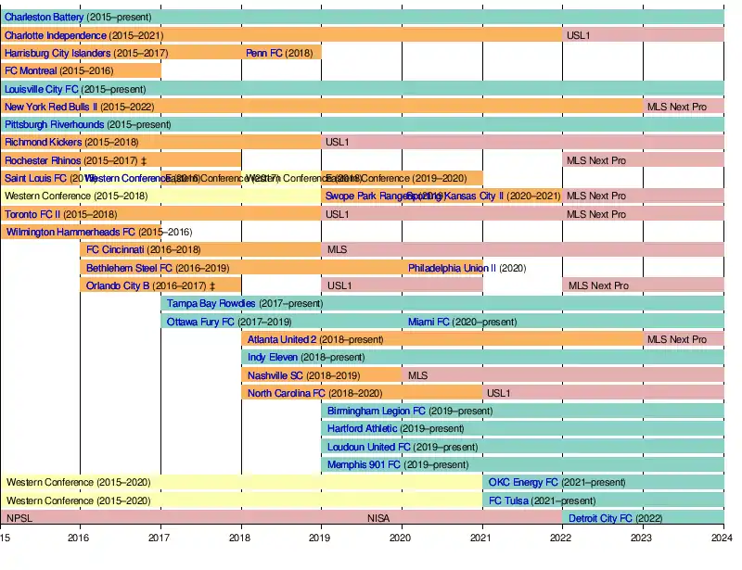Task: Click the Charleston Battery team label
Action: coord(45,18)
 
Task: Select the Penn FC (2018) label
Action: coord(264,53)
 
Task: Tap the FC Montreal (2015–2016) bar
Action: coord(81,70)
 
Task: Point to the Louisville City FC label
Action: coord(42,89)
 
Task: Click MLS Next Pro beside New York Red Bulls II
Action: coord(676,107)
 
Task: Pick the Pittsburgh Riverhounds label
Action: coord(54,124)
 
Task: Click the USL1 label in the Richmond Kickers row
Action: coord(337,142)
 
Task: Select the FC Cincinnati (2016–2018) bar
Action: coord(200,249)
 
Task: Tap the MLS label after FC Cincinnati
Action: coord(336,249)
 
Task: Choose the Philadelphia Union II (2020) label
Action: coord(467,268)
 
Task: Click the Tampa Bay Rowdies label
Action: coord(211,303)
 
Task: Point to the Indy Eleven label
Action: coord(273,357)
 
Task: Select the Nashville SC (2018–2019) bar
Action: coord(321,375)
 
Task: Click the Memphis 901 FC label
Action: coord(364,464)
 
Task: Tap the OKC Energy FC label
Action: coord(523,482)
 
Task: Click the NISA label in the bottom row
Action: coord(378,518)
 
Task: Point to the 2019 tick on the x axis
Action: coord(320,537)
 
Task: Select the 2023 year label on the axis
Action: coord(642,537)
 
